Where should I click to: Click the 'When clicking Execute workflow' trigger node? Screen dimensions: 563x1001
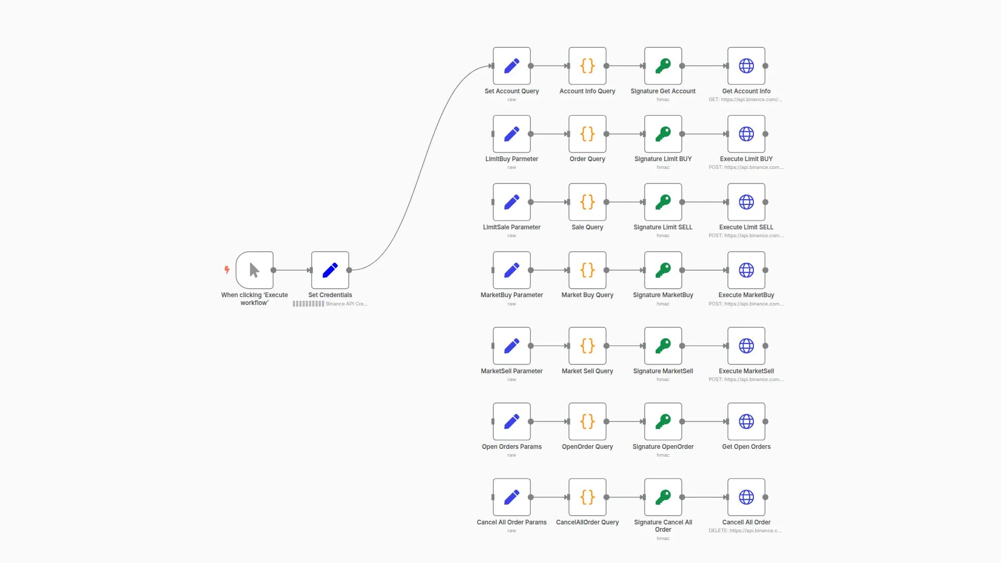pos(254,270)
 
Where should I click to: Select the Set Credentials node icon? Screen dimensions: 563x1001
pos(330,270)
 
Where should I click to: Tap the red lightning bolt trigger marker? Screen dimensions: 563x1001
pos(227,270)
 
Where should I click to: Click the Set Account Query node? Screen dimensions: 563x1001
pos(511,66)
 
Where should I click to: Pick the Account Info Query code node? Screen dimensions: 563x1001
pos(587,66)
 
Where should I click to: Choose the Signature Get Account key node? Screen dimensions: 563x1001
pos(663,66)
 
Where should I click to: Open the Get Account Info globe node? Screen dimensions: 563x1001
pos(746,66)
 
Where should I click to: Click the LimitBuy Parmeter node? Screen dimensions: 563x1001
pos(511,134)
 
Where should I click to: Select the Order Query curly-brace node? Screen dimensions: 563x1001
pos(587,134)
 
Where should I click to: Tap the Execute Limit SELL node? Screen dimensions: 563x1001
pos(746,202)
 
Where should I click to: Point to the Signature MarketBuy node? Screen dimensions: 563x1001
pos(663,270)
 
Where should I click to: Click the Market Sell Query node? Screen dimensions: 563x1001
pos(587,346)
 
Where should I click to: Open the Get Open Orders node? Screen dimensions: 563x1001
pos(746,421)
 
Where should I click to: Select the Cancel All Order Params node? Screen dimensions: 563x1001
pos(511,497)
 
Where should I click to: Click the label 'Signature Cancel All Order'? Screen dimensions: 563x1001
pos(663,525)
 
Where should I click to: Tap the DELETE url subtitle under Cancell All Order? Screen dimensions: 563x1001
pos(744,531)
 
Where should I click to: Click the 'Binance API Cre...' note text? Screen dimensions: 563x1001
pos(347,304)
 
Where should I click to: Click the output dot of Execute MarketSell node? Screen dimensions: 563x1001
pos(765,346)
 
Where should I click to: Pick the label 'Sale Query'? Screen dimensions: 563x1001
pos(587,227)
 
